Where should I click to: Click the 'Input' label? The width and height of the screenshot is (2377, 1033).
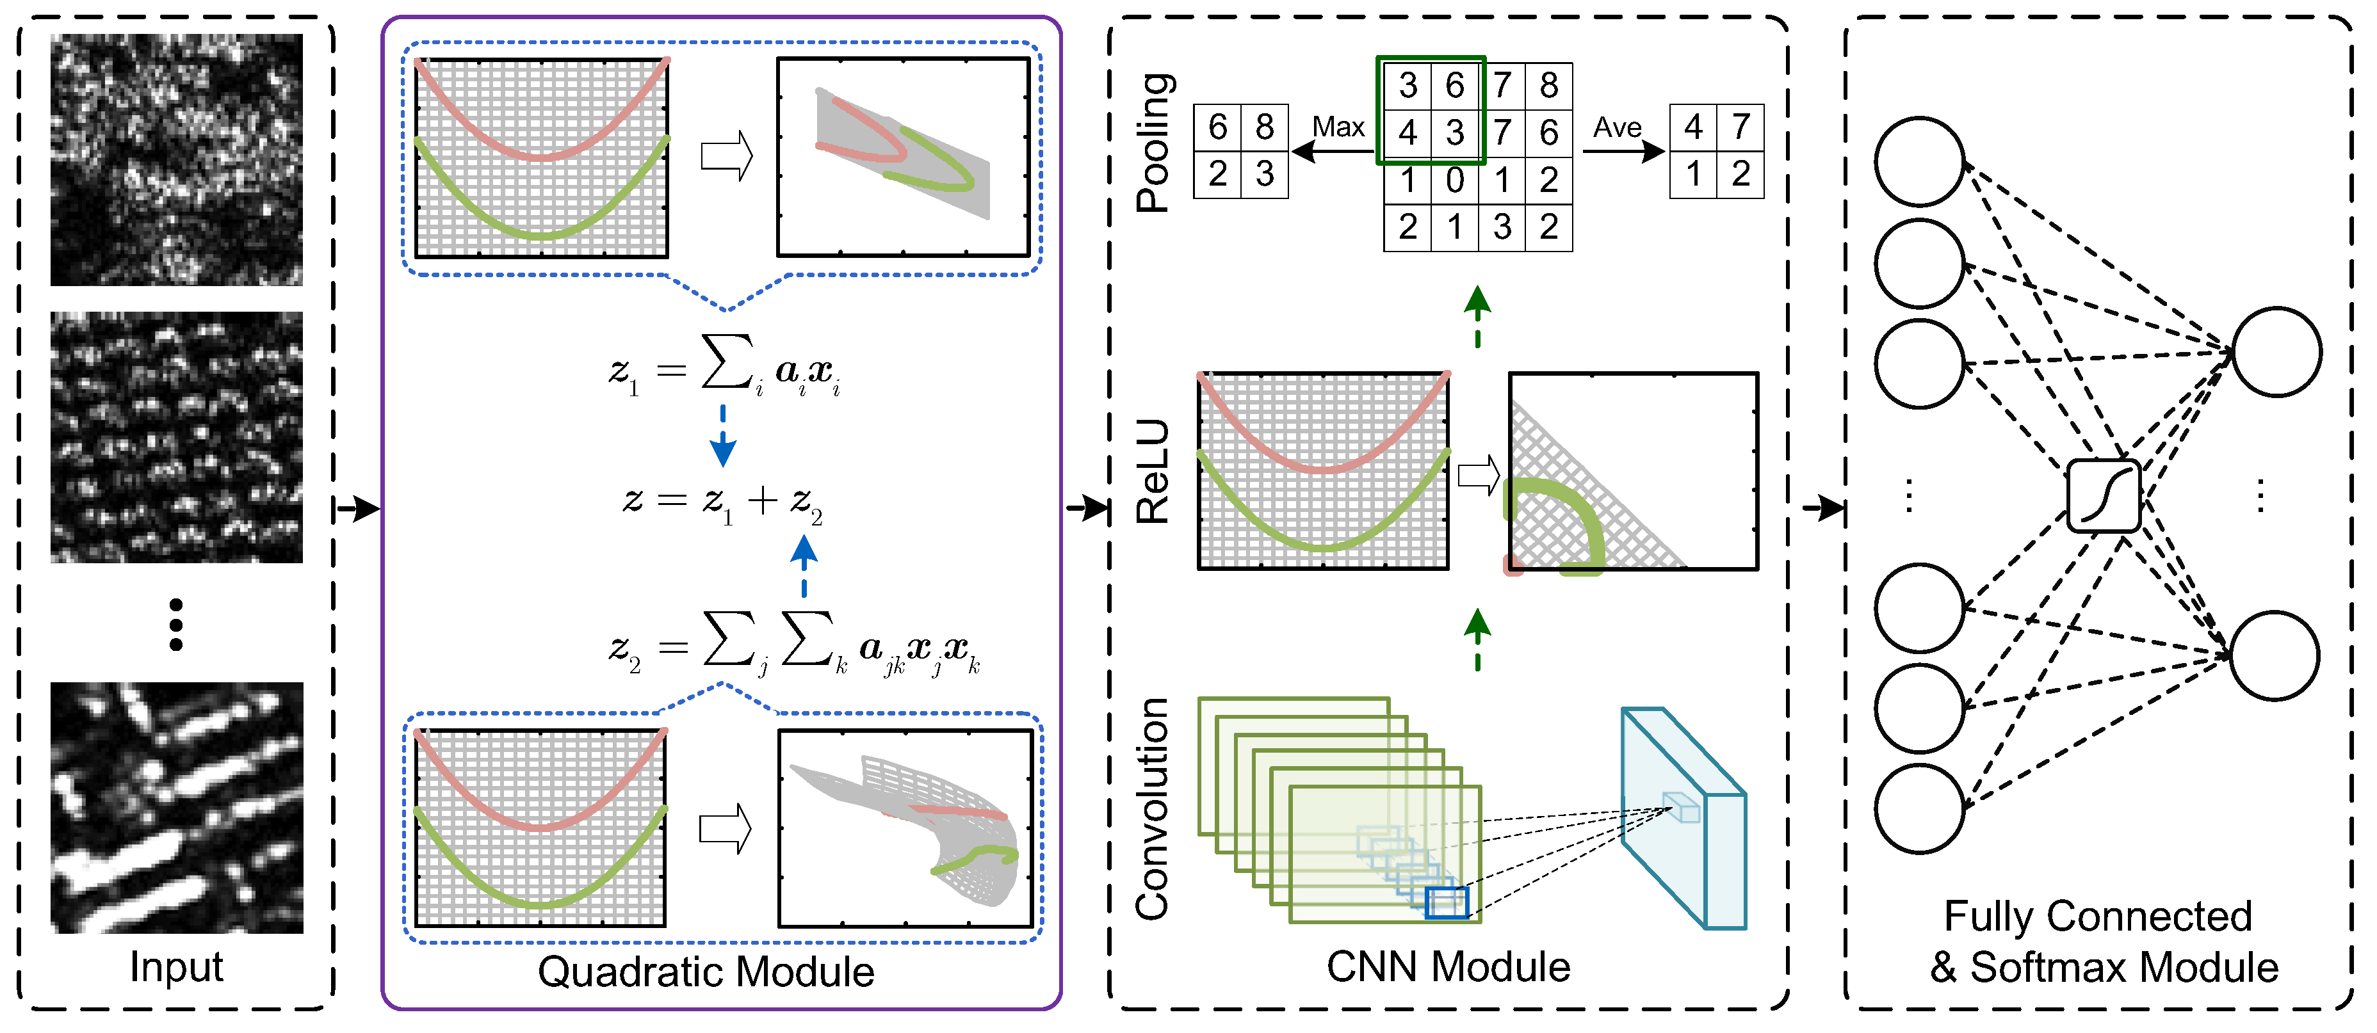coord(176,966)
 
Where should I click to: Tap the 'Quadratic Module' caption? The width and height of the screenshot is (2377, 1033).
coord(706,971)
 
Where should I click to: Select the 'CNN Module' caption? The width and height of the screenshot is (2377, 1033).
coord(1448,966)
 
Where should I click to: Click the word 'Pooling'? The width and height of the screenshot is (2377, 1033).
coord(1153,142)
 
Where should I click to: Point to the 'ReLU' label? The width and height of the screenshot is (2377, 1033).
coord(1153,472)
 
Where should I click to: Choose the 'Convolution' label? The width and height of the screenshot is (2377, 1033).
coord(1153,809)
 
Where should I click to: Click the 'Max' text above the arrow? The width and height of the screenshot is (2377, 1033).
coord(1338,127)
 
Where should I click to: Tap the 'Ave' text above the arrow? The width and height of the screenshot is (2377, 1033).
coord(1617,127)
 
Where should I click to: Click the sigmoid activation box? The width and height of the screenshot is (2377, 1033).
coord(2103,496)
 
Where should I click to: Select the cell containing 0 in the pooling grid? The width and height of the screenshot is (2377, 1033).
coord(1454,180)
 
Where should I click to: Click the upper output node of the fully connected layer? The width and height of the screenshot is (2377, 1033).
coord(2276,351)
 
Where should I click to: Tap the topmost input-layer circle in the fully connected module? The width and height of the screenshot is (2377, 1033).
coord(1919,161)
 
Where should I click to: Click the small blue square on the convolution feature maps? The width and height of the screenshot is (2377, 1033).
coord(1446,902)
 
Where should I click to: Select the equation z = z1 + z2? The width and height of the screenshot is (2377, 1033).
coord(722,502)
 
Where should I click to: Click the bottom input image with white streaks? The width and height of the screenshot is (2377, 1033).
coord(176,807)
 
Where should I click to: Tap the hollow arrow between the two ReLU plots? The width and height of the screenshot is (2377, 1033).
coord(1478,476)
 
